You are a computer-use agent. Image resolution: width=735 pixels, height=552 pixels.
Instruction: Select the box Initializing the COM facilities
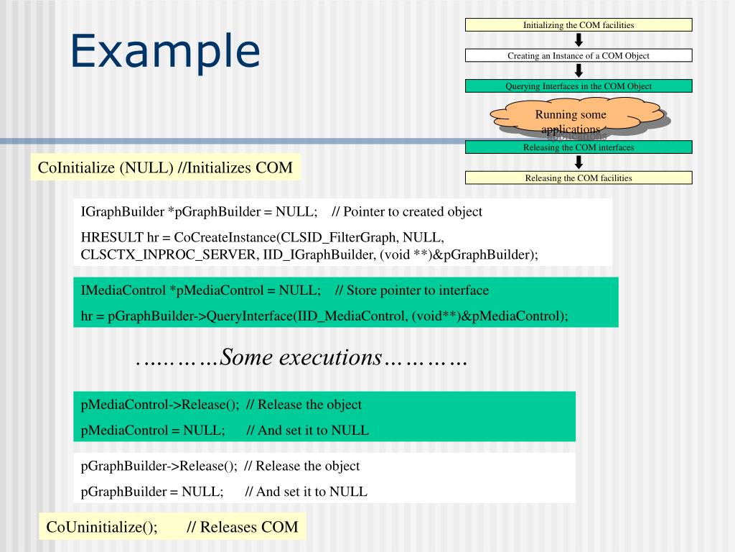tap(579, 25)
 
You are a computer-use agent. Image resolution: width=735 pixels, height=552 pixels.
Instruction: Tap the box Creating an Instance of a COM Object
tap(579, 55)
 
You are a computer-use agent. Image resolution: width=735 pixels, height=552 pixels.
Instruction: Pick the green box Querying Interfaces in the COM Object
tap(579, 86)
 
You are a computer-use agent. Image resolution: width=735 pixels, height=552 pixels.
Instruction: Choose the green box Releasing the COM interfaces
tap(579, 147)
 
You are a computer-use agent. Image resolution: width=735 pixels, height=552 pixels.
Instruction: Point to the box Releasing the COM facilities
tap(579, 178)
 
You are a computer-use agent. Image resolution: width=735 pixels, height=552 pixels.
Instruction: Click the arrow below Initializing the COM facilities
tap(579, 40)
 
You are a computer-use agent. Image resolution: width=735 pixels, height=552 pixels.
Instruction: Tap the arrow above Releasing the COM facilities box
tap(579, 163)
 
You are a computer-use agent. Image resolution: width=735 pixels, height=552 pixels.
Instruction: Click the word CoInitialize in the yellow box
tap(77, 168)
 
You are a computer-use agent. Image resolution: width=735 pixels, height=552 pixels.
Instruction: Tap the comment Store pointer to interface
tap(412, 290)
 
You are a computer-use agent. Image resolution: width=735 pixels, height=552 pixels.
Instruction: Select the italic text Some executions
tap(301, 357)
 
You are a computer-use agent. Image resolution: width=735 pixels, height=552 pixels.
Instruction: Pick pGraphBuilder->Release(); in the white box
tap(159, 466)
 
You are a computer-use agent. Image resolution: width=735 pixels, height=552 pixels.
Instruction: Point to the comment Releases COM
tap(242, 527)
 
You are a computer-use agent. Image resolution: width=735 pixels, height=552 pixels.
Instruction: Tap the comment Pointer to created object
tap(407, 212)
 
